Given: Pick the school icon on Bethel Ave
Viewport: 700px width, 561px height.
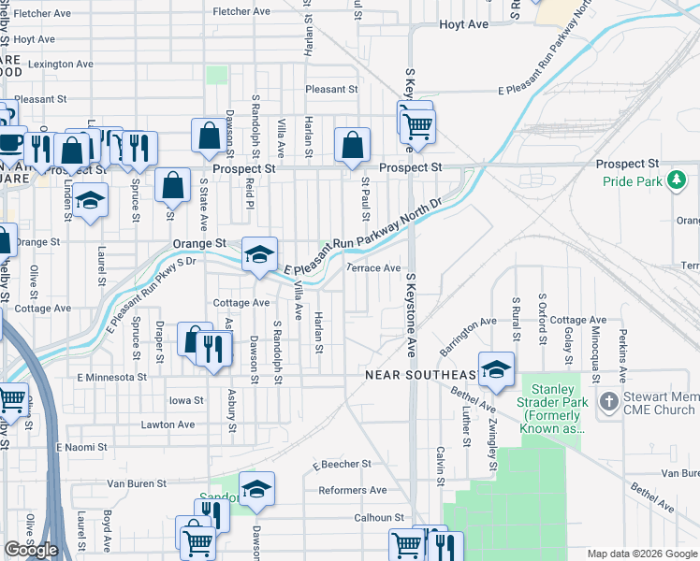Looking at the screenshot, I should coord(496,368).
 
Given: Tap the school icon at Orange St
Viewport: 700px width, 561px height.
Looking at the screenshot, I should coord(259,253).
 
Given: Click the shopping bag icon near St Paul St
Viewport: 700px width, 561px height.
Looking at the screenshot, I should coord(352,144).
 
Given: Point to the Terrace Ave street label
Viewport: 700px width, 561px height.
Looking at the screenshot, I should coord(374,268).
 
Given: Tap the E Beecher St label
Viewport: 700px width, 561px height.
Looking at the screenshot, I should coord(342,464).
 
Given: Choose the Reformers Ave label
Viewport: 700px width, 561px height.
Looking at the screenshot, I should coord(353,490).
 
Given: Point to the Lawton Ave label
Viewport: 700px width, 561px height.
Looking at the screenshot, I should coord(168,424).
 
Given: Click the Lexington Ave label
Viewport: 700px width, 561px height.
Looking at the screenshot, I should coord(61,65).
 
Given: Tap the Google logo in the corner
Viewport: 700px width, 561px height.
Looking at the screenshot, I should coord(31,551).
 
